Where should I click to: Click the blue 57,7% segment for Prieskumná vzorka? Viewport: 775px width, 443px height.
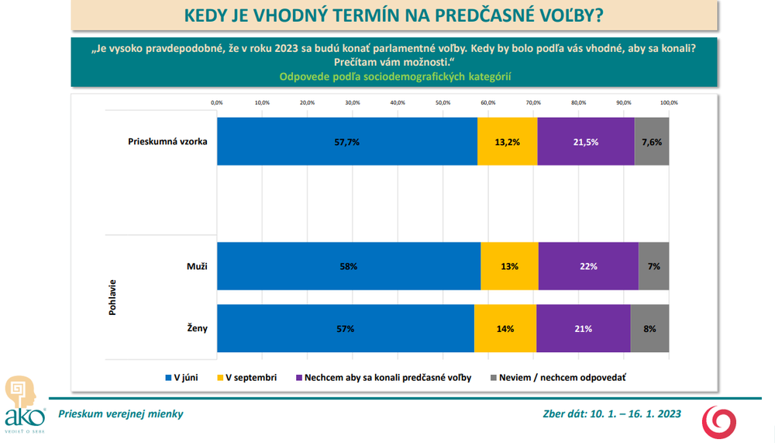pos(347,141)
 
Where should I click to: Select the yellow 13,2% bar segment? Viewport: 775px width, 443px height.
pos(507,141)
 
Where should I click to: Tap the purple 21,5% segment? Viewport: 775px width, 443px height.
pos(586,141)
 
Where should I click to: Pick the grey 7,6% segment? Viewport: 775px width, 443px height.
pos(652,141)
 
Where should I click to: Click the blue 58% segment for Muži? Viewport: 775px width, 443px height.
pos(349,266)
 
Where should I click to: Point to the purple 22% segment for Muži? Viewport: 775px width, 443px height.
pos(588,266)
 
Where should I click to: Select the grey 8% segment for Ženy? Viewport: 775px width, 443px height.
pos(649,329)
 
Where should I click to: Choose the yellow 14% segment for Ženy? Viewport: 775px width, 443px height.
pos(505,329)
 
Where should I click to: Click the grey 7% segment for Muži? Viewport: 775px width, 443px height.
pos(653,266)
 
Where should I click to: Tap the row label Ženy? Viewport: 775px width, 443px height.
pos(197,328)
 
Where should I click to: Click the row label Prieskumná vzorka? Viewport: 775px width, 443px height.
pos(167,141)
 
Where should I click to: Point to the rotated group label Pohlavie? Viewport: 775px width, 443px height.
pos(112,297)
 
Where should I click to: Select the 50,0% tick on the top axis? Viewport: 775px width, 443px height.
pos(443,103)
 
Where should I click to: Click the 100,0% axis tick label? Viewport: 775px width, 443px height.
pos(669,103)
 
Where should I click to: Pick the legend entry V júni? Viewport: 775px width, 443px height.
pos(181,378)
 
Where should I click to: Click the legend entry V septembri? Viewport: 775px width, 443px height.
pos(246,378)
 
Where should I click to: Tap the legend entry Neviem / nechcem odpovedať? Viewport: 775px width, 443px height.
pos(558,378)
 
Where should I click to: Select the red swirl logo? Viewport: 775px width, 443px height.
pos(719,422)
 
